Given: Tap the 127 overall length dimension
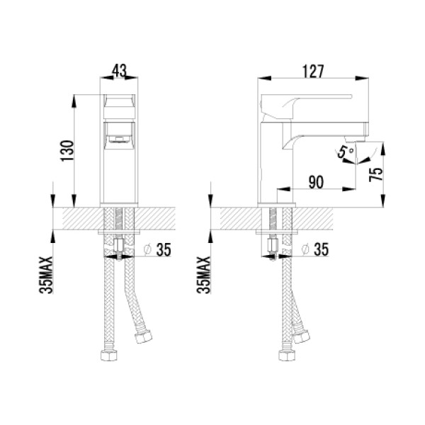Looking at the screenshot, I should click(x=313, y=72).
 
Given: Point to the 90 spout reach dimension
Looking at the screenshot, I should click(x=316, y=181).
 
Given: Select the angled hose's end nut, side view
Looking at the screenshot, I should click(x=305, y=335).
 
